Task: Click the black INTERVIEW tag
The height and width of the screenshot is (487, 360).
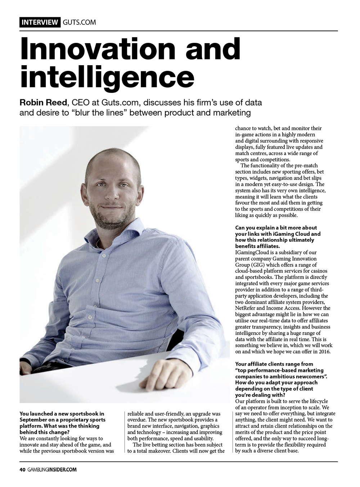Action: click(x=40, y=22)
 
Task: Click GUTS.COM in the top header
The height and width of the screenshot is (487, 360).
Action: click(x=79, y=22)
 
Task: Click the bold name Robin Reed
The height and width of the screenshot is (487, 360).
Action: click(x=43, y=103)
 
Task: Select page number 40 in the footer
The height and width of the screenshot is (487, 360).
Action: click(x=22, y=469)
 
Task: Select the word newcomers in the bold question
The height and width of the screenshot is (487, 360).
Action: click(x=305, y=376)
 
